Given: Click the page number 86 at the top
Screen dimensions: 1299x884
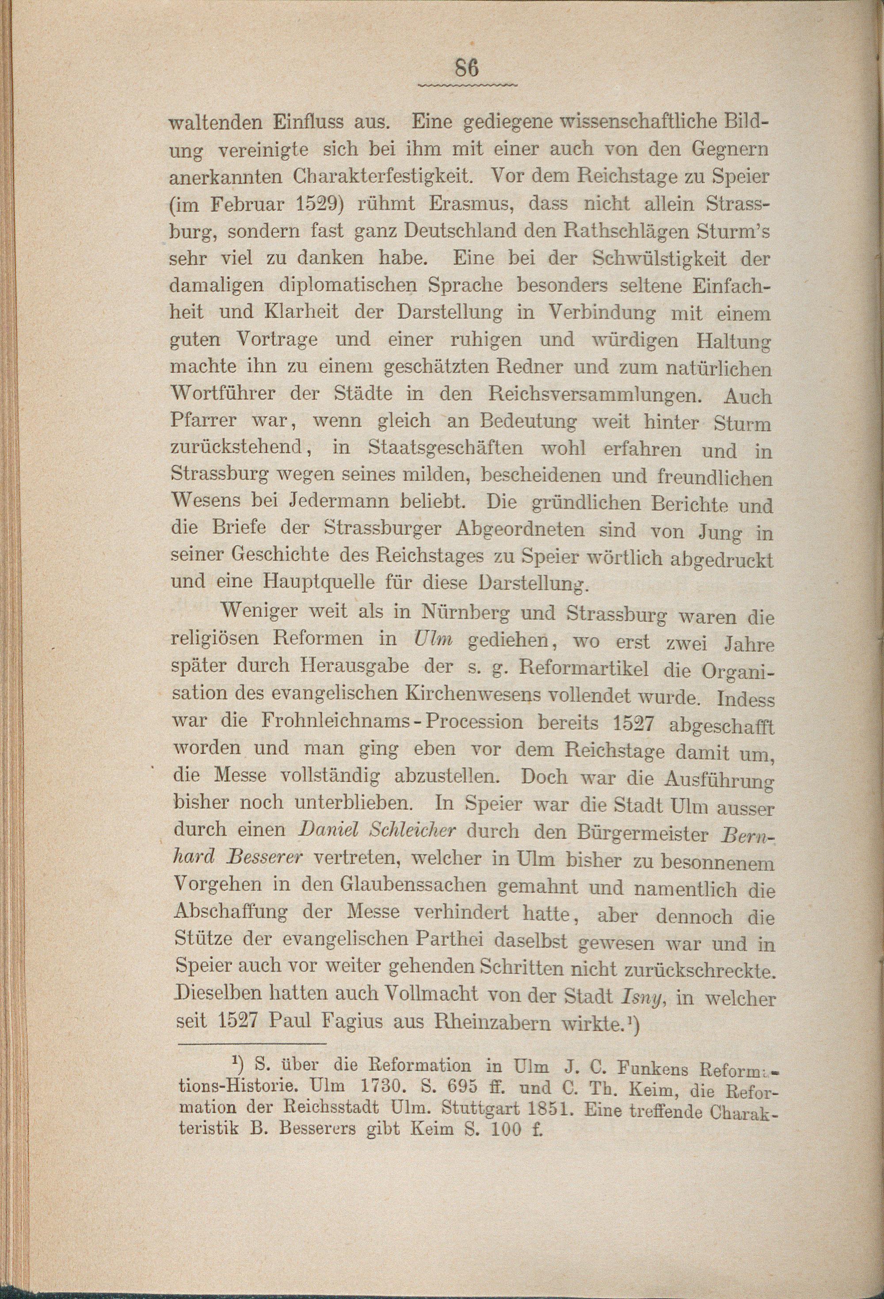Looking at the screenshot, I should (x=467, y=68).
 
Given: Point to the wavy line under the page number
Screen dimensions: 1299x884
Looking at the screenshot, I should (x=467, y=85).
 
